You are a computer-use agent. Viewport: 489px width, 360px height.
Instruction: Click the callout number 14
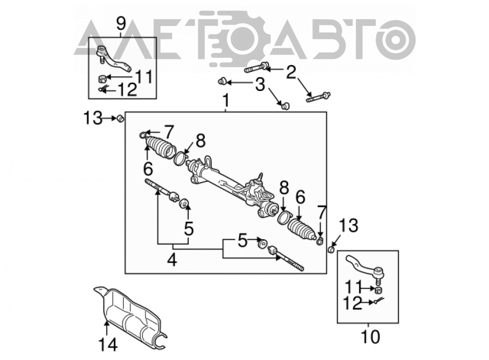coord(108,345)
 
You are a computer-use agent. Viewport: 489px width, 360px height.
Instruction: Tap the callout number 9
coord(121,23)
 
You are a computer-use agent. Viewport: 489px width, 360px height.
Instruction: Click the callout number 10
coord(371,337)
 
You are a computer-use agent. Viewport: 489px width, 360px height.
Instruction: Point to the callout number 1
coord(226,101)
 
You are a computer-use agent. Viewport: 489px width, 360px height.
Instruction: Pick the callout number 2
coord(290,72)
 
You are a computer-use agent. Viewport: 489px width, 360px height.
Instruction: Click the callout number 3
coord(260,84)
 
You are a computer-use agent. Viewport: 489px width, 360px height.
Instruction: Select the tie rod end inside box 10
coord(365,268)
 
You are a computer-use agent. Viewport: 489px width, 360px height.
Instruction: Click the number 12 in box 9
coord(128,90)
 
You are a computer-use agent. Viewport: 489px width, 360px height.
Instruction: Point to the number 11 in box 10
coord(353,287)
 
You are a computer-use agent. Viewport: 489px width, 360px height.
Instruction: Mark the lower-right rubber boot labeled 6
coord(301,229)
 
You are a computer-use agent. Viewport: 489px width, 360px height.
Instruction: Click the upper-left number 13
coord(92,118)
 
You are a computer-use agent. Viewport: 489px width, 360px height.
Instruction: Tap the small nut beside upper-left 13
coord(120,118)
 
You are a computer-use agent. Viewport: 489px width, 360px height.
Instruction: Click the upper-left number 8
coord(200,141)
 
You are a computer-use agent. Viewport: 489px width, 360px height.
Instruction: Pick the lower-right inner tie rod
coord(286,258)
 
